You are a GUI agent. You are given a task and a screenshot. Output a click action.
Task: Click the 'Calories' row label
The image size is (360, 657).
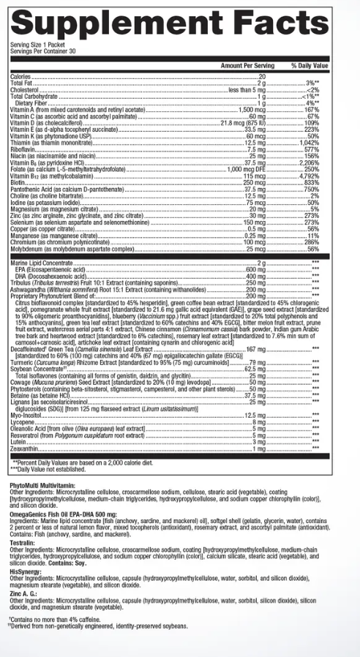(x=21, y=76)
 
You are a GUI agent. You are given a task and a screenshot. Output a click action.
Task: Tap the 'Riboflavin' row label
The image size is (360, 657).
(x=23, y=149)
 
